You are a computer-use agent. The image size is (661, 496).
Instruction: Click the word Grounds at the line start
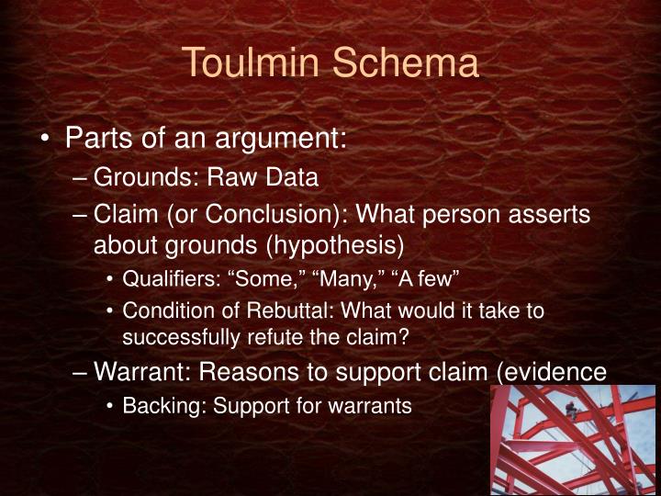(141, 177)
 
